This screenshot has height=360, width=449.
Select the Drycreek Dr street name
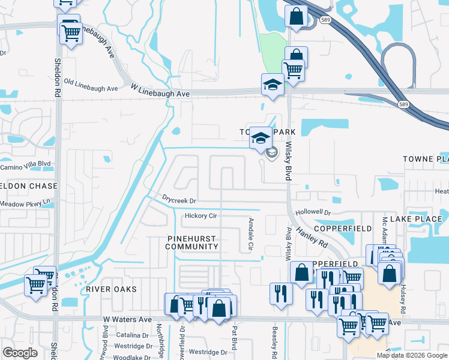(179, 198)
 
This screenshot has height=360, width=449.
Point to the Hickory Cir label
(200, 215)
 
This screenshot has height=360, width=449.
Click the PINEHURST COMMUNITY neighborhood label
(191, 242)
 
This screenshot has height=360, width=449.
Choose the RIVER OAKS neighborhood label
(111, 289)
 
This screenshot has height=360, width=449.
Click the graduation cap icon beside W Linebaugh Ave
(272, 85)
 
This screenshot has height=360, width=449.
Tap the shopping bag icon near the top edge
(296, 17)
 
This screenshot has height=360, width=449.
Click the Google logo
(20, 353)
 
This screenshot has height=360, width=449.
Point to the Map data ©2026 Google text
(411, 355)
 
